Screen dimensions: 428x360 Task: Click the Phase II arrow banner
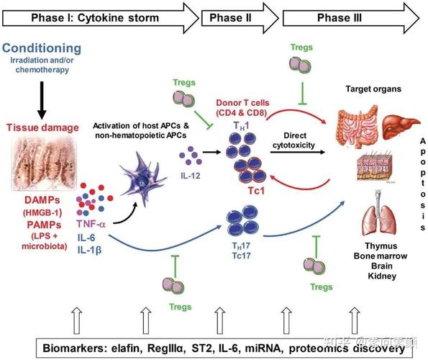click(x=240, y=18)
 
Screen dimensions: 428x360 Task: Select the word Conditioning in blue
click(x=42, y=48)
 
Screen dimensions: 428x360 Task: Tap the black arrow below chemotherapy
click(x=42, y=100)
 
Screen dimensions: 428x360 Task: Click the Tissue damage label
click(x=42, y=127)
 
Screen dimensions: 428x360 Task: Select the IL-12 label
click(x=191, y=176)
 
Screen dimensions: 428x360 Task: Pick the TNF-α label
click(x=91, y=224)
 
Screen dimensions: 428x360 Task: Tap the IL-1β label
click(x=89, y=250)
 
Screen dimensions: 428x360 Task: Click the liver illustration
click(x=401, y=127)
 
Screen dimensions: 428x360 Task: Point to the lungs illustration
click(x=379, y=213)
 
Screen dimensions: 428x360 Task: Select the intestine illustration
click(x=358, y=127)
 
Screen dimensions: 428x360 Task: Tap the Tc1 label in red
click(x=256, y=191)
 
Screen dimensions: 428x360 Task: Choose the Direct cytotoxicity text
click(x=293, y=140)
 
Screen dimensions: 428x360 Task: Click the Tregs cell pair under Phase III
click(x=300, y=65)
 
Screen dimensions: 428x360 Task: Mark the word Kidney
click(x=382, y=276)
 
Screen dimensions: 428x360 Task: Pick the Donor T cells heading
click(x=242, y=103)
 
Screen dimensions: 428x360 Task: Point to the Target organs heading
click(x=373, y=89)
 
